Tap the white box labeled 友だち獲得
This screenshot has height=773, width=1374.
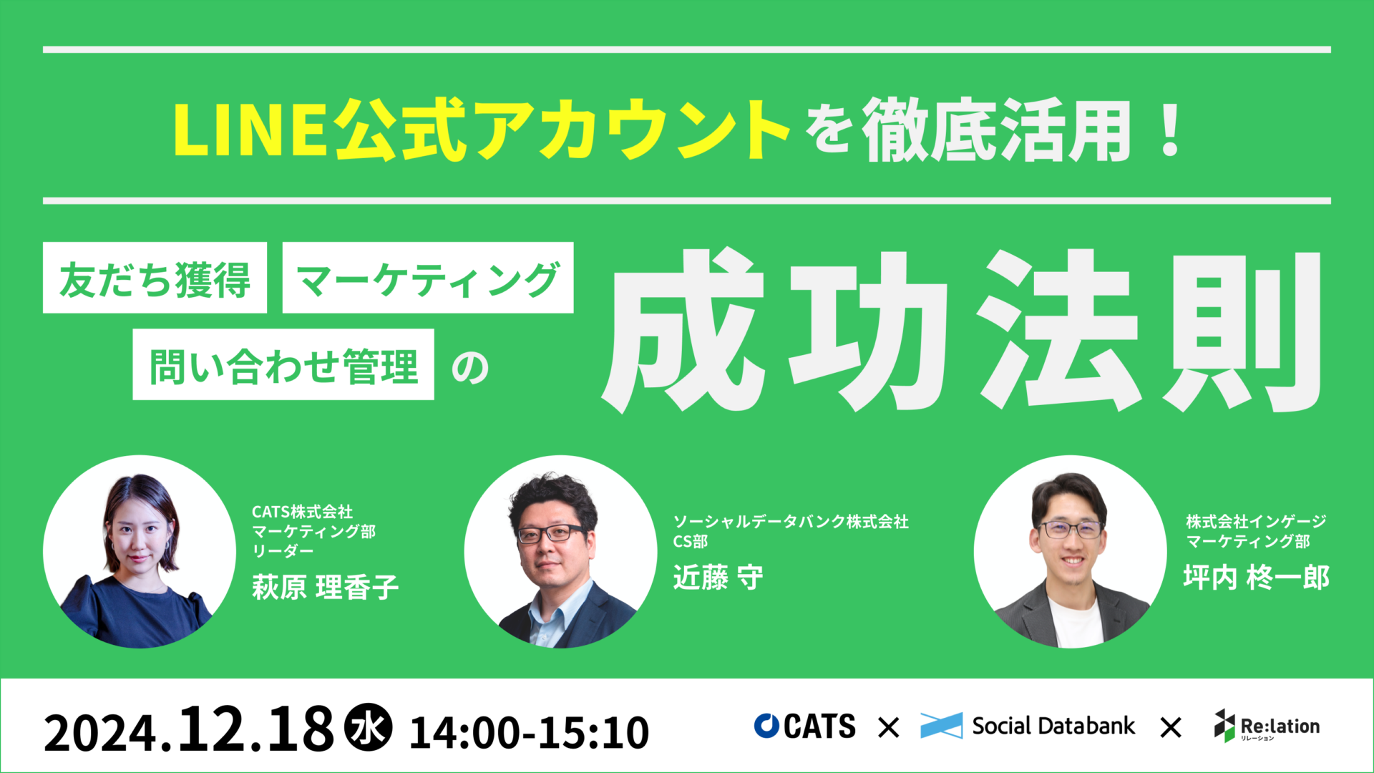click(x=155, y=278)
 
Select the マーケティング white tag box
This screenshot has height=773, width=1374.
click(x=428, y=278)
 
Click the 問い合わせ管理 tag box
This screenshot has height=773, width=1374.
click(x=283, y=364)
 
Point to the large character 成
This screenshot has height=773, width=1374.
click(x=683, y=331)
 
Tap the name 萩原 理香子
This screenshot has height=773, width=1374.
click(x=325, y=587)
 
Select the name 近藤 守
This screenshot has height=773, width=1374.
click(x=718, y=577)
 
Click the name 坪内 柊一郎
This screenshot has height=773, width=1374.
click(x=1256, y=577)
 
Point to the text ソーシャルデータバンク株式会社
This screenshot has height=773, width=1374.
click(x=791, y=522)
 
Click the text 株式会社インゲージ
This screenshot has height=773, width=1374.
click(x=1256, y=522)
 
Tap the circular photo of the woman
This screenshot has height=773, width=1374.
click(x=140, y=552)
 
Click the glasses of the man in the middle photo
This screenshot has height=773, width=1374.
click(x=550, y=533)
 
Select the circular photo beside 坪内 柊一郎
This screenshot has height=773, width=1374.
click(x=1071, y=552)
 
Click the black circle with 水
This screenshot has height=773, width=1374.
click(x=369, y=728)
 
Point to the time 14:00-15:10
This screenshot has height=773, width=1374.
click(x=529, y=732)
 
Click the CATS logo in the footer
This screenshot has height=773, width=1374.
click(x=804, y=726)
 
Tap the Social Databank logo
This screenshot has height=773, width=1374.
click(x=1028, y=726)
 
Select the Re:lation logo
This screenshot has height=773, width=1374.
click(x=1267, y=726)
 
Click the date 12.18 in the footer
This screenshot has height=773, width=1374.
click(x=256, y=729)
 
